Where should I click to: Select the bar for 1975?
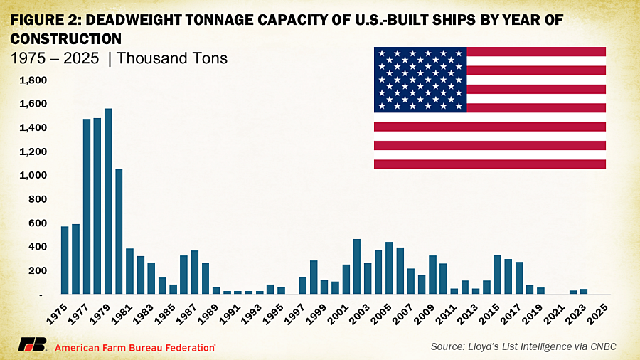(x=65, y=260)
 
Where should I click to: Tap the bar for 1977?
(x=87, y=206)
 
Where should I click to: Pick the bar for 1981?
(x=129, y=271)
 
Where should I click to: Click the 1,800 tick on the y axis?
(x=34, y=80)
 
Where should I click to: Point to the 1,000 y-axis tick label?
(x=34, y=176)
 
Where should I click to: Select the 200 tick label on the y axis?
(x=38, y=271)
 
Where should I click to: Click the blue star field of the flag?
(x=420, y=80)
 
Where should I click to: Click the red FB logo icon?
(x=32, y=346)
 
